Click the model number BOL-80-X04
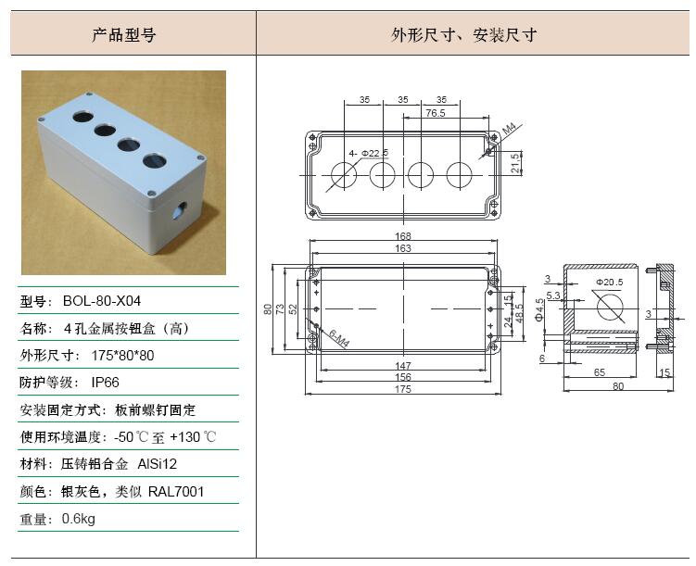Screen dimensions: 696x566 click(102, 301)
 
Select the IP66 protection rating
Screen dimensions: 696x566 click(106, 383)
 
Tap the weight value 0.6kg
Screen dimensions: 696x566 click(78, 519)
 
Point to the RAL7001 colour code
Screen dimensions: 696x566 click(176, 492)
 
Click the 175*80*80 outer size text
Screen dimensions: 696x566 click(122, 356)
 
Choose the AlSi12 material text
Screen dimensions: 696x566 click(158, 464)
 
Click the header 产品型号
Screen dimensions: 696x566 click(124, 34)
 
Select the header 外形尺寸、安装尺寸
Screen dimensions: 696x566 click(464, 34)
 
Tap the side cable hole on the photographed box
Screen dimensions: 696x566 click(179, 210)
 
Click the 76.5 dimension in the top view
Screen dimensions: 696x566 click(436, 113)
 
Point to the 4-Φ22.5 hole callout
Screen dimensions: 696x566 click(369, 154)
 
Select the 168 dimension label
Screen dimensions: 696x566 click(403, 236)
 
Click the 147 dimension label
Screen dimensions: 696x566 click(403, 366)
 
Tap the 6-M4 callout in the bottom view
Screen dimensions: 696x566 click(339, 338)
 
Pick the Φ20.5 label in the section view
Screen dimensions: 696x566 click(610, 283)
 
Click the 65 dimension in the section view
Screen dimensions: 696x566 click(600, 372)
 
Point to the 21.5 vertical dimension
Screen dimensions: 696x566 click(515, 163)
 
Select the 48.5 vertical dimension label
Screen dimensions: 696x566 click(519, 313)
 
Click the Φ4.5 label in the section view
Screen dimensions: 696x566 click(539, 309)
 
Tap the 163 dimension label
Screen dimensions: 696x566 click(403, 248)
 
